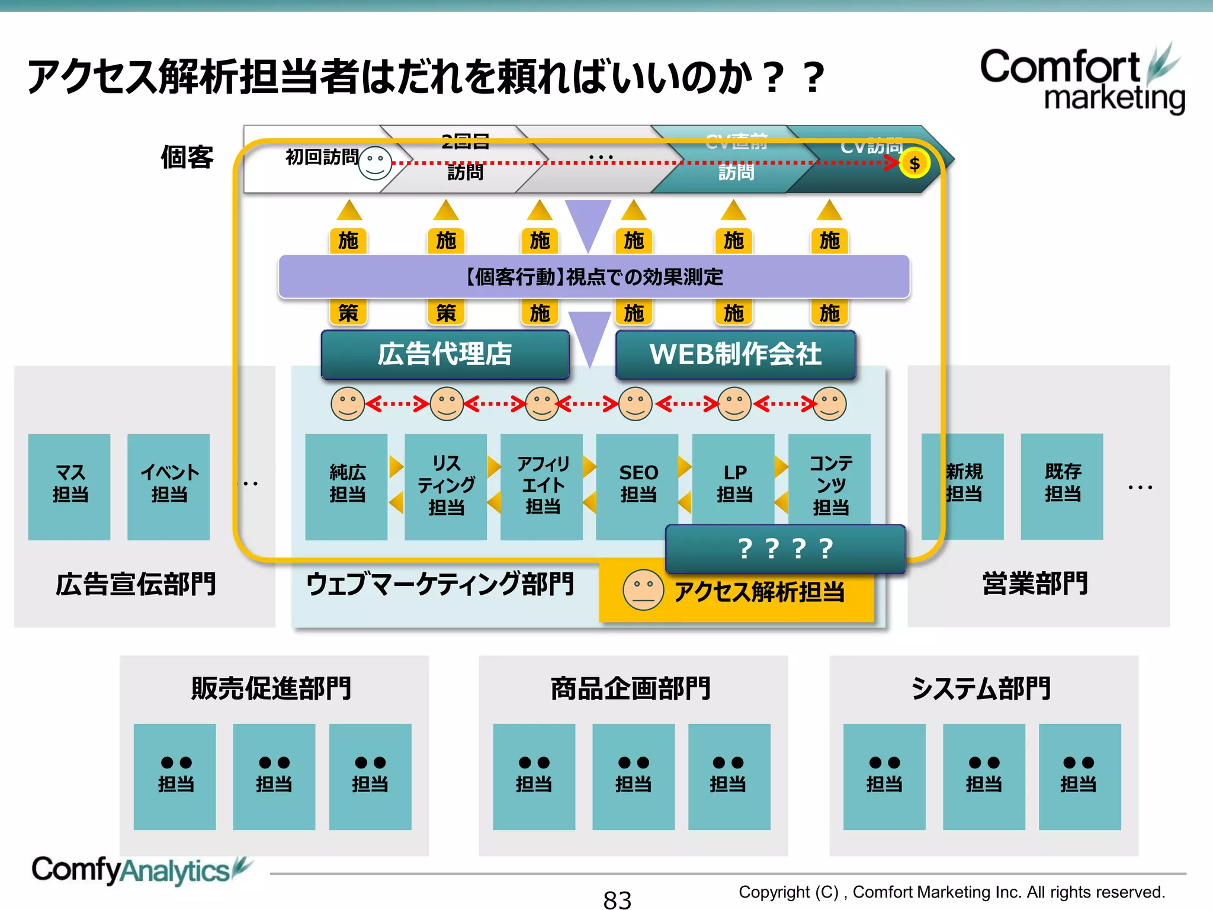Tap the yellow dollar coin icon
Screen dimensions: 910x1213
[914, 164]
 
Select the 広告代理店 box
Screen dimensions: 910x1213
[445, 354]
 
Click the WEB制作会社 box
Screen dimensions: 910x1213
[735, 354]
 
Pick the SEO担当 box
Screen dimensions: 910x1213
[637, 483]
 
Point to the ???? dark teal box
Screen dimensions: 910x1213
[785, 549]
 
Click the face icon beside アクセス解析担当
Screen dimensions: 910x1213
[643, 589]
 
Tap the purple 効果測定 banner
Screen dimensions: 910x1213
[593, 277]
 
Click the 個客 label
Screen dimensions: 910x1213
[187, 158]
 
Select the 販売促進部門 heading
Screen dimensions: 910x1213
[272, 688]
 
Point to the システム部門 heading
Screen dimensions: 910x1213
[981, 688]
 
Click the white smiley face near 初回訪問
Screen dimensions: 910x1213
[375, 163]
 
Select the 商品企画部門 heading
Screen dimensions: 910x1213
[631, 688]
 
